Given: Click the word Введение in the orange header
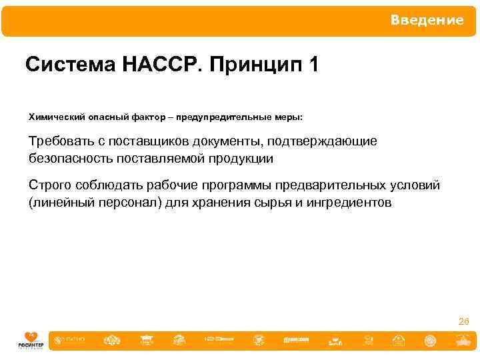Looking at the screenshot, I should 427,21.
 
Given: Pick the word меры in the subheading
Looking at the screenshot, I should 288,117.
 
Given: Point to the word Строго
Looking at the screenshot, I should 48,185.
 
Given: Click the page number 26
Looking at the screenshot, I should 463,322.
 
